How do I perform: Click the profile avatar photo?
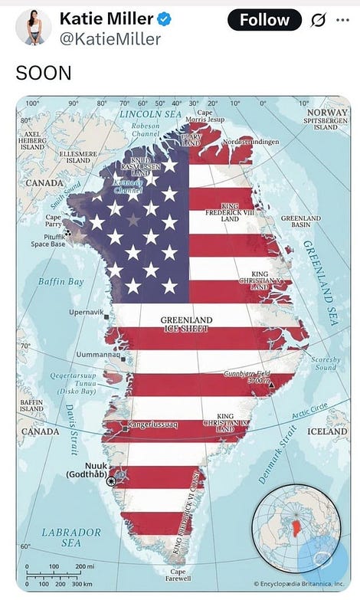pos(33,27)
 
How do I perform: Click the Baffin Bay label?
pos(61,282)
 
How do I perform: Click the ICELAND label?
pos(327,431)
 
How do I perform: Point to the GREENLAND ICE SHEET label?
pos(186,323)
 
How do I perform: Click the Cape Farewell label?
pos(178,575)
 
